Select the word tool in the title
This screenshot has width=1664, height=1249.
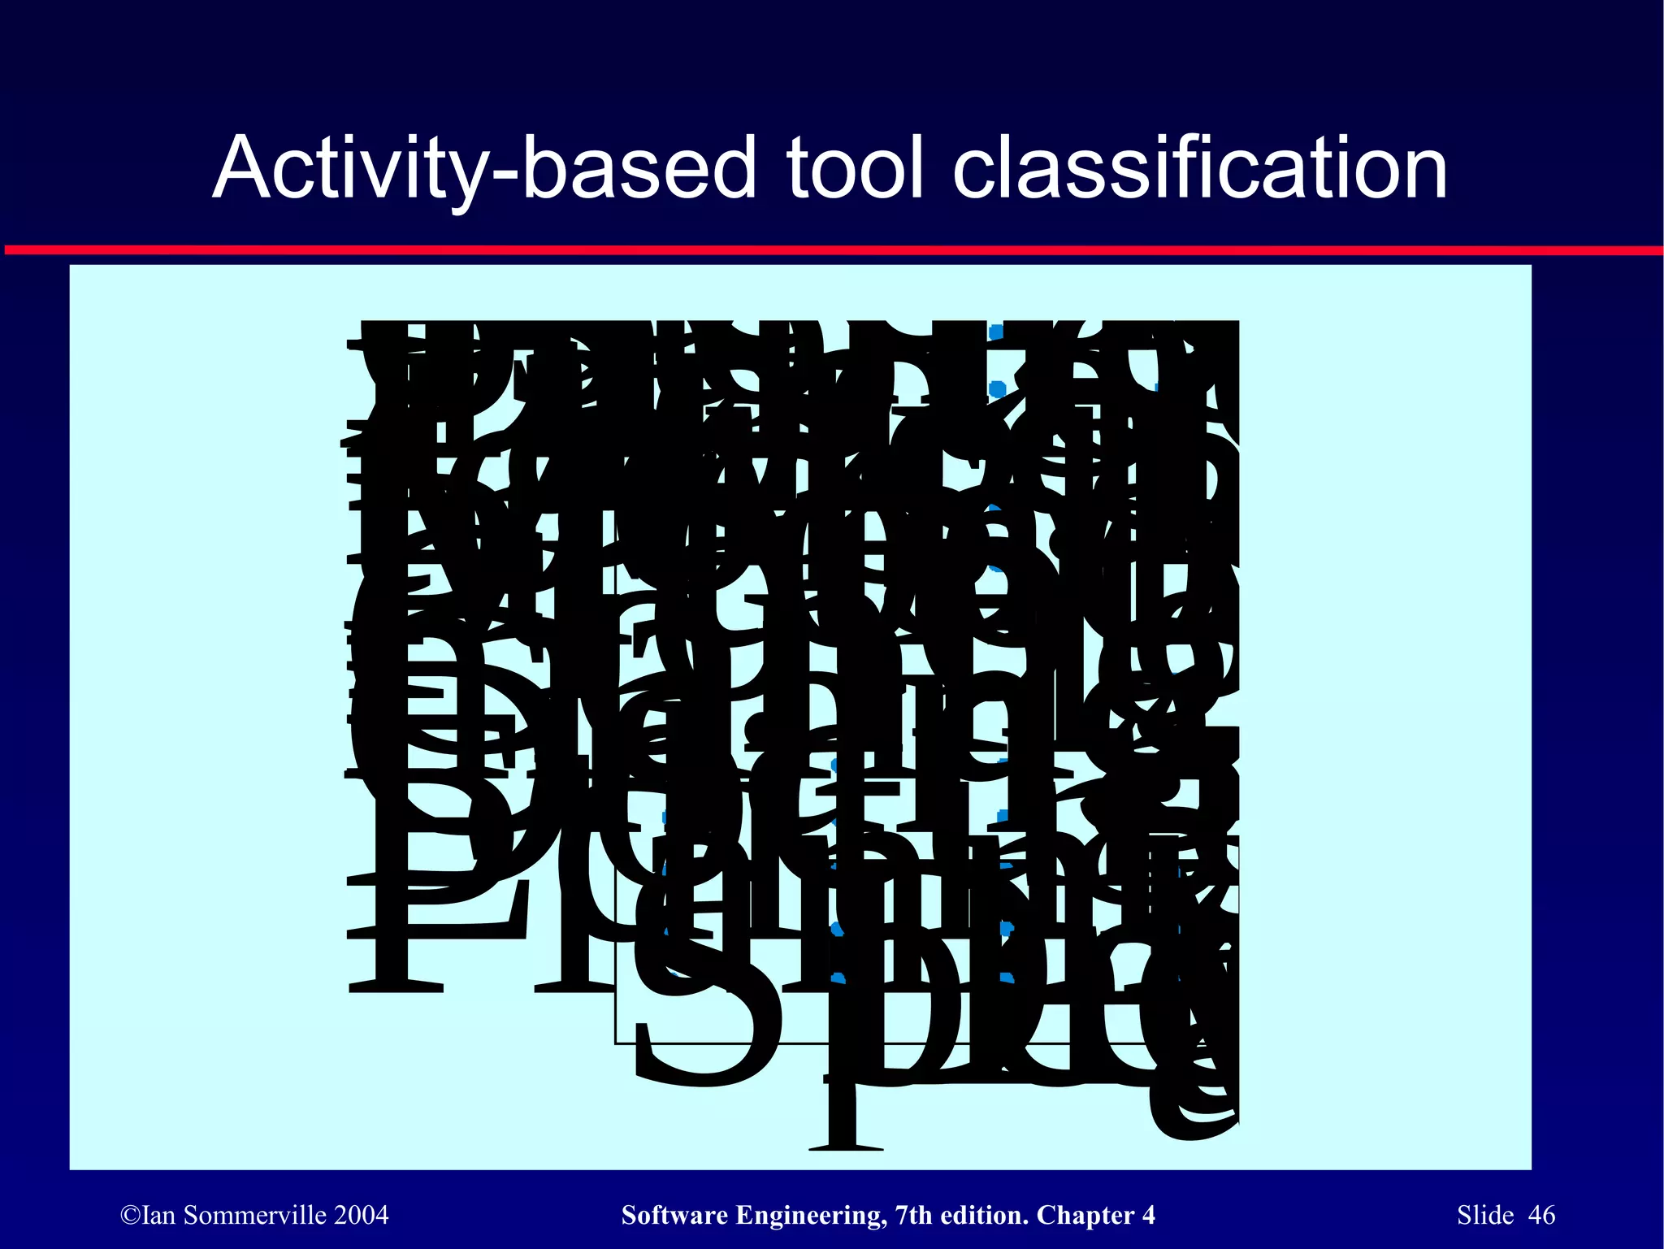tap(855, 167)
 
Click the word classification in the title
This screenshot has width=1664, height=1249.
tap(1199, 167)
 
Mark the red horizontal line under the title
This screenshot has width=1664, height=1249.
tap(832, 250)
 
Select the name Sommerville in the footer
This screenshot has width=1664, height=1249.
tap(253, 1216)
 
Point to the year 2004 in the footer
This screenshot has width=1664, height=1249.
tap(362, 1216)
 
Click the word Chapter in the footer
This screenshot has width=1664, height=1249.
tap(1085, 1216)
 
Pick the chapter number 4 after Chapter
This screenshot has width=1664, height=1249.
tap(1148, 1216)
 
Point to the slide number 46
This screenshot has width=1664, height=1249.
tap(1541, 1216)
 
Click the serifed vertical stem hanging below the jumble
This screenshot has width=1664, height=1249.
tap(845, 1113)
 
